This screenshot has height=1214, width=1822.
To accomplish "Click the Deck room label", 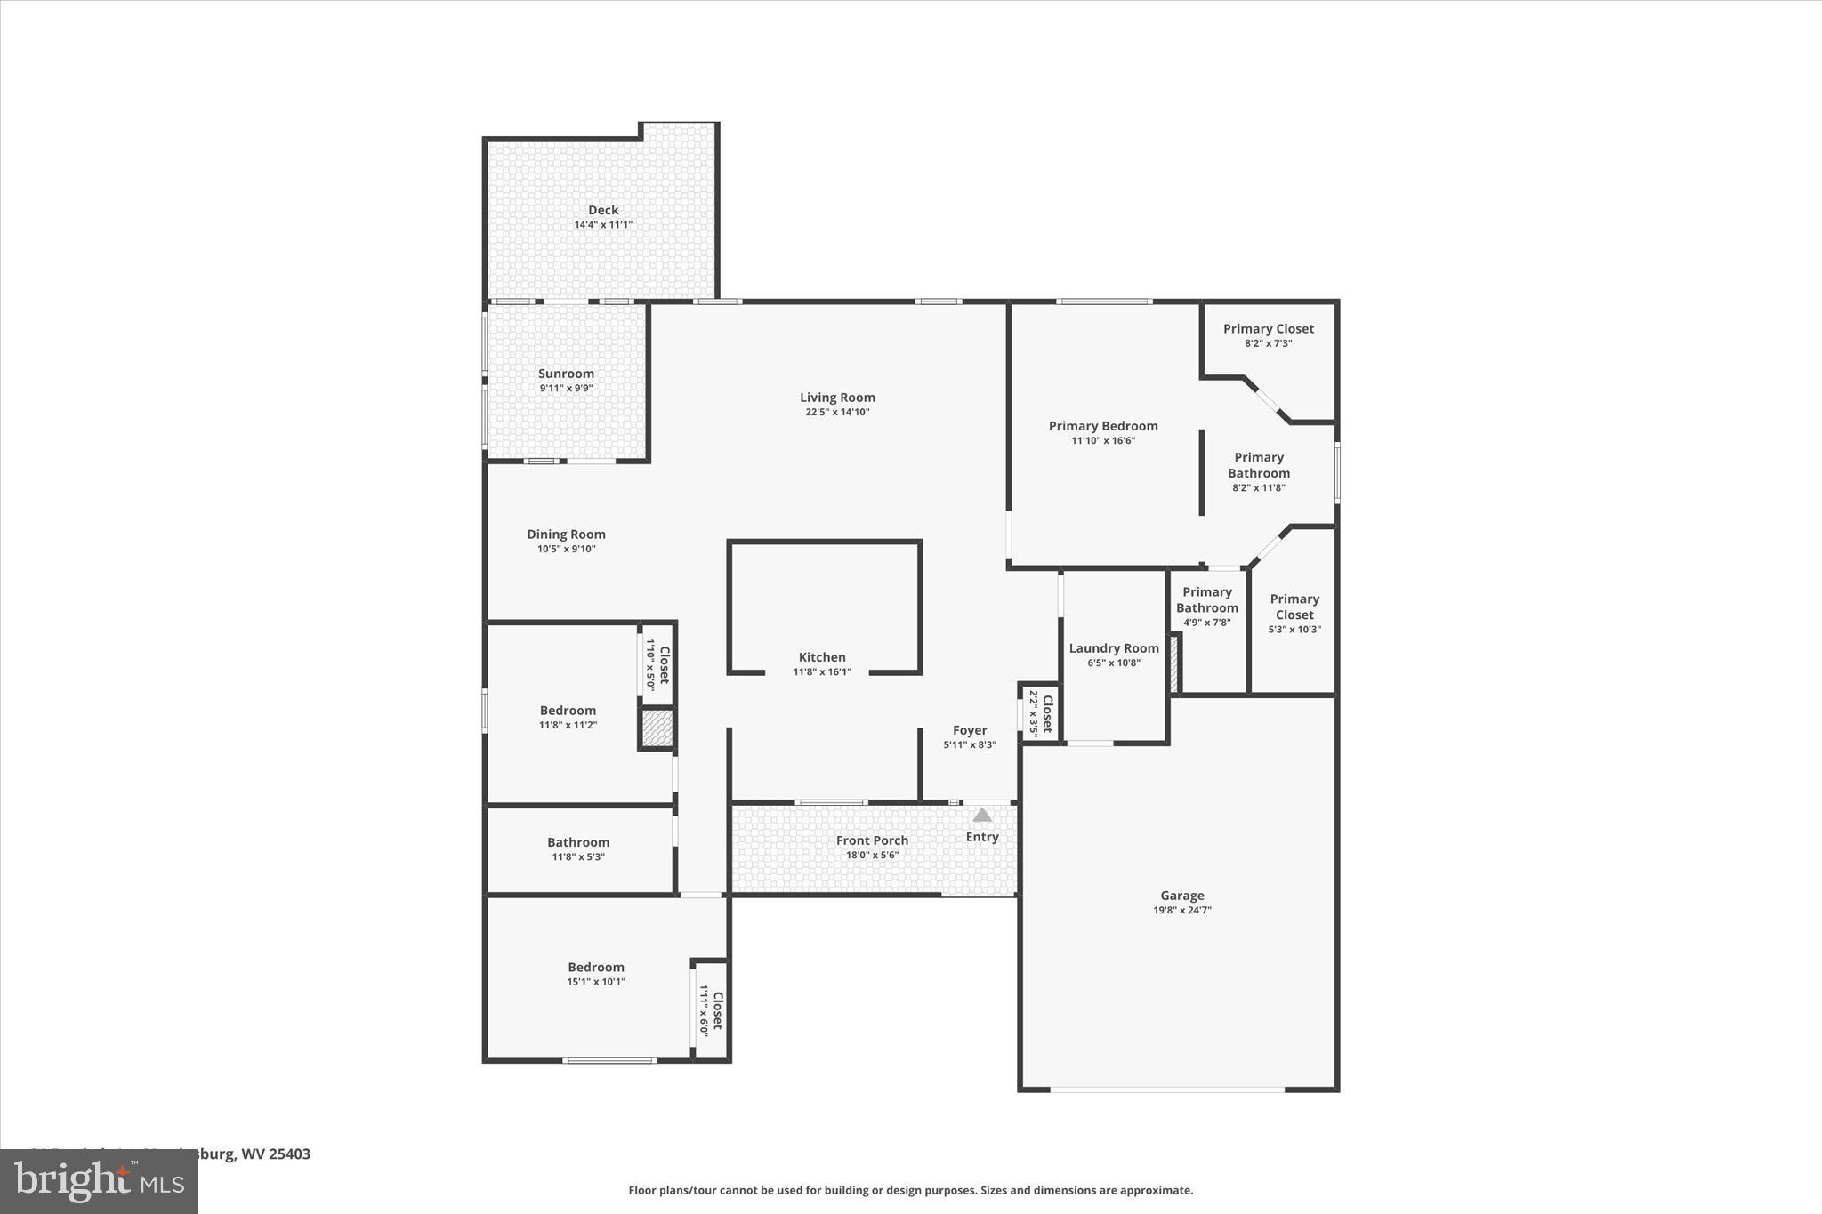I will [602, 210].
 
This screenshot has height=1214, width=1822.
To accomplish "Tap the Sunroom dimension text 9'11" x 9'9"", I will [566, 388].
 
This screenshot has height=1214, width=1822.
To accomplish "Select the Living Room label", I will [836, 398].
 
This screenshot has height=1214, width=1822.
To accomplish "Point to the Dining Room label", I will [566, 534].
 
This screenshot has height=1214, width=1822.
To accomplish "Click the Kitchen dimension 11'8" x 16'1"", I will [821, 671].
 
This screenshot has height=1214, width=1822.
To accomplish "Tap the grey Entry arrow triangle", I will [981, 815].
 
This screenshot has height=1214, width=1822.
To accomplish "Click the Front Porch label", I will [872, 840].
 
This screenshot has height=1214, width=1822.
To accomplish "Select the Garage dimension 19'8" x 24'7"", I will [1181, 910].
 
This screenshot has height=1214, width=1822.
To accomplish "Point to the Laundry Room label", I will [1113, 648].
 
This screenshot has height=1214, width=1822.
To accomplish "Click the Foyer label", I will [969, 730].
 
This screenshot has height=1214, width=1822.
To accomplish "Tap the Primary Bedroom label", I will [1102, 426].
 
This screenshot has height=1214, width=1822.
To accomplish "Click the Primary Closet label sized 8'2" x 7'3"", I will [1268, 328].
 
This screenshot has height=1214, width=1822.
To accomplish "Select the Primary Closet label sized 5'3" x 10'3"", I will [1294, 607].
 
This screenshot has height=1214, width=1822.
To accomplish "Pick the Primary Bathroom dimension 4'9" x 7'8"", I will [1206, 623].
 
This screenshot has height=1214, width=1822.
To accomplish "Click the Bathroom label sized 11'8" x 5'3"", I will [577, 842].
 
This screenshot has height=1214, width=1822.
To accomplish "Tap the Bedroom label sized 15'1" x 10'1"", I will [595, 967].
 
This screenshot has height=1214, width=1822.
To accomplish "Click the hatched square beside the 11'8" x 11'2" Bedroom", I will [657, 728].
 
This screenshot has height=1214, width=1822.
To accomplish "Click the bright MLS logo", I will [98, 1182].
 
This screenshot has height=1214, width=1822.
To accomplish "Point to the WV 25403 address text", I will [276, 1154].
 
